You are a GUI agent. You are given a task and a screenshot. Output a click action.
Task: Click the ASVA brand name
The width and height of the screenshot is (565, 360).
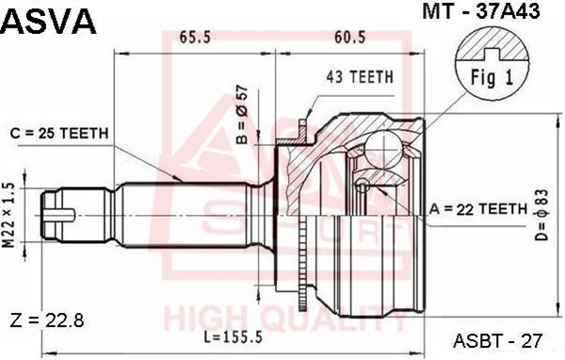[50, 22]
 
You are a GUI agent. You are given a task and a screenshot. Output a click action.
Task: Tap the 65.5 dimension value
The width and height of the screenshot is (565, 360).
[195, 37]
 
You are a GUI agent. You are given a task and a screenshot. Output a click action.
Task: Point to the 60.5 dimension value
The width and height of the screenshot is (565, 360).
[350, 37]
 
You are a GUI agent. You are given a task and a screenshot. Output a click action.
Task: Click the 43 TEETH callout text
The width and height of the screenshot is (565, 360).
[360, 77]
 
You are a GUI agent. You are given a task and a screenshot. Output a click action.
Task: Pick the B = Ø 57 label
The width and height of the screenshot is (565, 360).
[243, 114]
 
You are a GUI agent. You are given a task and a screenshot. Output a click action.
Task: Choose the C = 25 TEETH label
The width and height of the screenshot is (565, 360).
[59, 134]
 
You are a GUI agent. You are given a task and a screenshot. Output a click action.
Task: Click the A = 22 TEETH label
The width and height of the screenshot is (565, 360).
[478, 209]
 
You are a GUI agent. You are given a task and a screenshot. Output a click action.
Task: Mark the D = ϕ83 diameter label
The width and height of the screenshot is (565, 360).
[541, 215]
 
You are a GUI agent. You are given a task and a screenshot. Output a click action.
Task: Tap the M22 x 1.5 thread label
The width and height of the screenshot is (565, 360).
[9, 216]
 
